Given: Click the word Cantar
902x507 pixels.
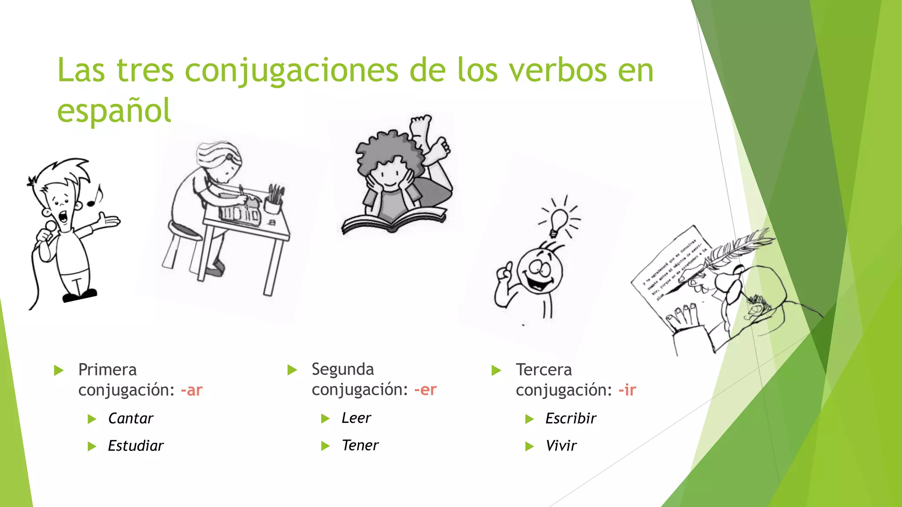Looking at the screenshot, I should (130, 419).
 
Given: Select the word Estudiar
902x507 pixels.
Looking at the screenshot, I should (136, 446).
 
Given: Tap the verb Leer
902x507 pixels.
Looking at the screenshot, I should (356, 418).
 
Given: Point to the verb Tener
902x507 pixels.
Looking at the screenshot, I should (360, 445).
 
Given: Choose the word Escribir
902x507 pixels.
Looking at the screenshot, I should (571, 419).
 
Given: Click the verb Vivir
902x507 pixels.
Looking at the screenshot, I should (561, 446).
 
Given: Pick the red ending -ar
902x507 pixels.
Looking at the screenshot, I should (192, 390).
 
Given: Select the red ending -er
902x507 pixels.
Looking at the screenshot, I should (425, 390).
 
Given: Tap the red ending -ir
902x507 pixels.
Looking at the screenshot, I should (627, 390).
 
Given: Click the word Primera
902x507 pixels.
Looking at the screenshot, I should (107, 370).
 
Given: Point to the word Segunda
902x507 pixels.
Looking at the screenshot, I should (343, 370).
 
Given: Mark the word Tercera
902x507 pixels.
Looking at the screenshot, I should (543, 370).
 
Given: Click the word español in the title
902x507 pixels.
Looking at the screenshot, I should (114, 110).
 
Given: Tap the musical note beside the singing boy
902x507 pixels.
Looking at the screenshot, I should (95, 196).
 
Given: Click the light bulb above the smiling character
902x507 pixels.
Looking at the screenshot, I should (558, 222).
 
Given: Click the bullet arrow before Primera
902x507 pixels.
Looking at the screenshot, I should (59, 371).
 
